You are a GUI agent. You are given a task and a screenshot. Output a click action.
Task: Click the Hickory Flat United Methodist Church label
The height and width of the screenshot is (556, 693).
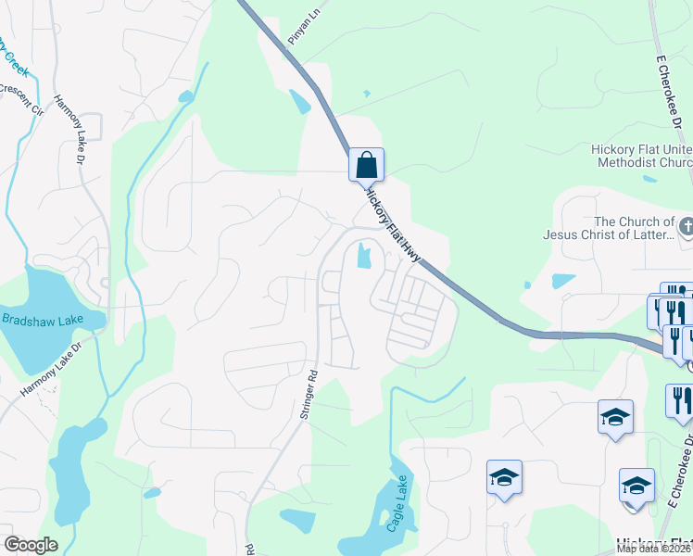(641, 156)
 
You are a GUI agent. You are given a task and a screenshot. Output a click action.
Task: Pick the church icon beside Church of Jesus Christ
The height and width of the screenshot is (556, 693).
(686, 225)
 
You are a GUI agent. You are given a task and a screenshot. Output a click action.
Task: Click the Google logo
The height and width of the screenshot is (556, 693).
(31, 545)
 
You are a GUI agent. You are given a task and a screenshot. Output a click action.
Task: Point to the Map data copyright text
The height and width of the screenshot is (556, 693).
(654, 549)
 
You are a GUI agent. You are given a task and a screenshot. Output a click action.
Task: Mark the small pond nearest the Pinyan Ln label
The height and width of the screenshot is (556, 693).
(299, 101)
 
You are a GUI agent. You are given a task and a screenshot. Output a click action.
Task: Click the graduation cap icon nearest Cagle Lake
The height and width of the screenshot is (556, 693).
(504, 478)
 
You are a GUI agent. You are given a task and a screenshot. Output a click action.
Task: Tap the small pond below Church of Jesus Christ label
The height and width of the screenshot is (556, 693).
(563, 280)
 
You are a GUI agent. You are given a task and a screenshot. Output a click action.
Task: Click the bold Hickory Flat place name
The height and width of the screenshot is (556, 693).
(654, 544)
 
